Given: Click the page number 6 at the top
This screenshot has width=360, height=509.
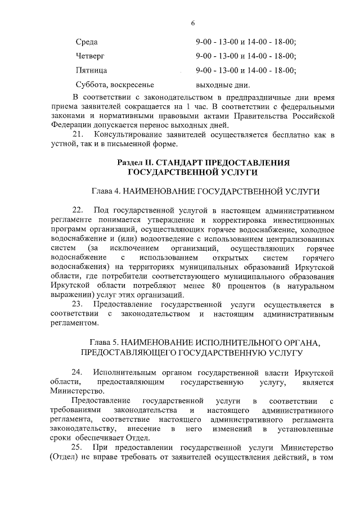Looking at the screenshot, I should (x=193, y=23).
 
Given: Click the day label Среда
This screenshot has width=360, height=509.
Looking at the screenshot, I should (x=86, y=42).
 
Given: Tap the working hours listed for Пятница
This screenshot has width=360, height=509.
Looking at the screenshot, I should (x=246, y=70).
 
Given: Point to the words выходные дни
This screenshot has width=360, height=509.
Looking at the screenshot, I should (x=222, y=85).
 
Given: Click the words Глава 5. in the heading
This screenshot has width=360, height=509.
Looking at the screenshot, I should (x=106, y=343).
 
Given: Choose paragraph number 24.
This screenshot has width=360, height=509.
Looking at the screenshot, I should (x=79, y=372).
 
